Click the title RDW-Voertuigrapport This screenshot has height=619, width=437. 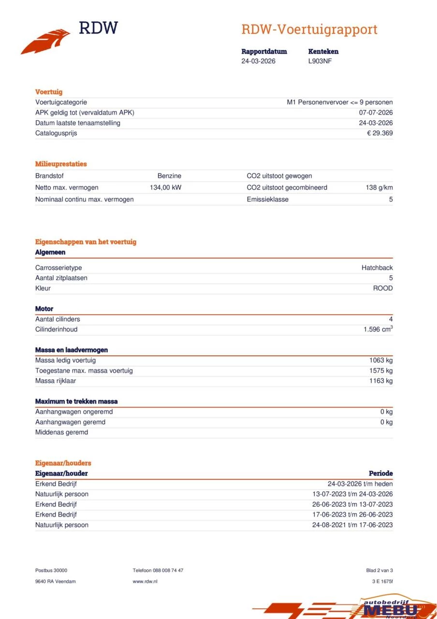(x=309, y=29)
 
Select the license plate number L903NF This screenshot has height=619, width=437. (x=320, y=61)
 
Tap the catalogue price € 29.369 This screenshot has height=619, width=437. (x=379, y=133)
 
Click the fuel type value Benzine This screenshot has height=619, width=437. (x=169, y=176)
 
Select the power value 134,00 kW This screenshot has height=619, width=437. (x=165, y=188)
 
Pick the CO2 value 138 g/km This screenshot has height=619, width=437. (x=379, y=188)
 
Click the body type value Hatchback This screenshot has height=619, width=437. (x=377, y=268)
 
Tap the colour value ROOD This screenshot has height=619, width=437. (x=382, y=288)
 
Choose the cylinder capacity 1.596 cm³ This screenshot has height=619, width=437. (x=378, y=329)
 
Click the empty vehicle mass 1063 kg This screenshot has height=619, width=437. (x=381, y=360)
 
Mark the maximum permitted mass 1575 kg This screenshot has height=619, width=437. (x=381, y=370)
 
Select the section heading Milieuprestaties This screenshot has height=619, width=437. (x=61, y=164)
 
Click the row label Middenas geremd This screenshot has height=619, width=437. (x=61, y=432)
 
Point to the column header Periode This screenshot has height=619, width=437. (x=381, y=473)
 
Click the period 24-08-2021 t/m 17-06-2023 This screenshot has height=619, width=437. (x=352, y=525)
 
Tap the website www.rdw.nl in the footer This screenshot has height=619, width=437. (x=145, y=581)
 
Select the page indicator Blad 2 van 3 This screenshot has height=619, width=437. (x=379, y=571)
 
